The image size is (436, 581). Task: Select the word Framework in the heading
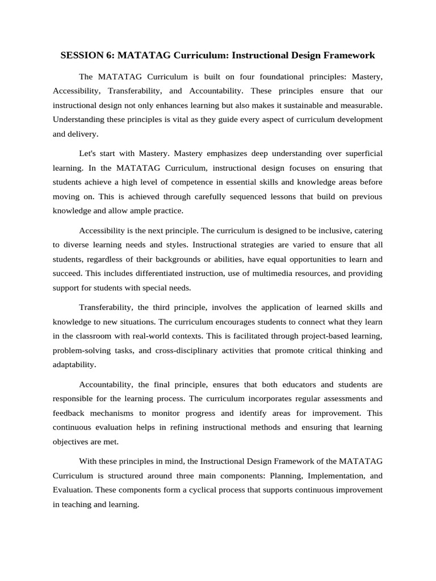346,56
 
